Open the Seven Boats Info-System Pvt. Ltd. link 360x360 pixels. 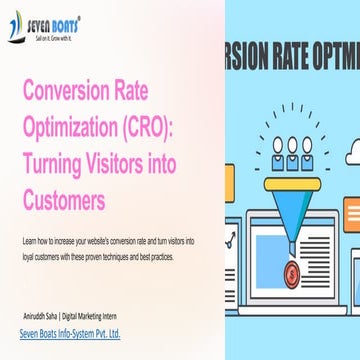(70, 333)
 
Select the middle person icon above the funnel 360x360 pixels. (293, 145)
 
